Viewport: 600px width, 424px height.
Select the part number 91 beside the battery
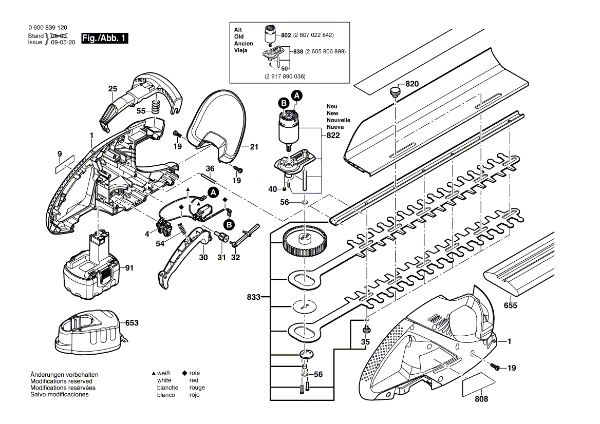[128, 267]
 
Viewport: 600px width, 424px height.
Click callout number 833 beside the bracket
[253, 297]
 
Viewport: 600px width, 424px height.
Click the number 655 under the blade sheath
[511, 305]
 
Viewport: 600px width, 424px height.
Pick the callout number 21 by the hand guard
[254, 147]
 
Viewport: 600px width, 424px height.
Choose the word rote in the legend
[195, 373]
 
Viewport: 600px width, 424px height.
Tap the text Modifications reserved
[62, 381]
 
